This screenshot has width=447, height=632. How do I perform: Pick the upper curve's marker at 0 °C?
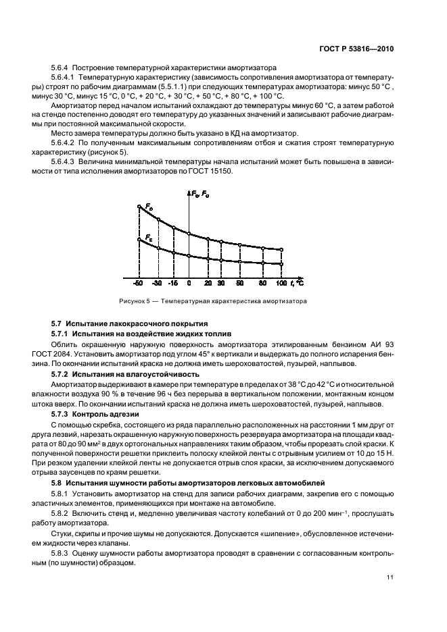(x=189, y=234)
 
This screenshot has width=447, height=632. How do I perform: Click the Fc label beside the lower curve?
(x=149, y=236)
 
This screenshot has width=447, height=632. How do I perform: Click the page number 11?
(x=390, y=577)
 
